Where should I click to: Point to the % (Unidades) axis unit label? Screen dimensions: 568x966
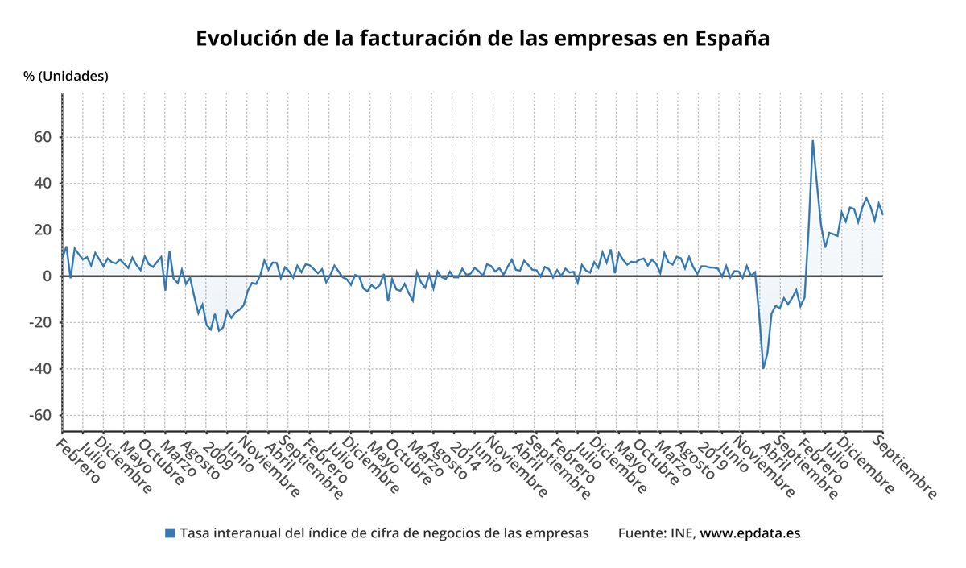click(66, 77)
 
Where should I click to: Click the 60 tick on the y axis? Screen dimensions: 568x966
click(41, 137)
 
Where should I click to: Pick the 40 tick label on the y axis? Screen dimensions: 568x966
click(41, 184)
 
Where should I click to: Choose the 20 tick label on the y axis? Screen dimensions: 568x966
click(41, 230)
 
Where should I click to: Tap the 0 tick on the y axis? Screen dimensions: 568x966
click(46, 276)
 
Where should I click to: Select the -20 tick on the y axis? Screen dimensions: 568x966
click(38, 323)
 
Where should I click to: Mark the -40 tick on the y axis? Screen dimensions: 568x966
click(38, 369)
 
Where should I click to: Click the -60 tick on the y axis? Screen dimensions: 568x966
click(38, 416)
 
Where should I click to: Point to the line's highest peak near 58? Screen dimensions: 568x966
click(812, 141)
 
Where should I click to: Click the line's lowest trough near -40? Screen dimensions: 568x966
click(763, 368)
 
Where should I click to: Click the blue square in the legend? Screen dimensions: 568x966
click(169, 533)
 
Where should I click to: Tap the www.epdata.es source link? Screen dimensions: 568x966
click(749, 533)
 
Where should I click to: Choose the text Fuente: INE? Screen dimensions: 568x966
click(657, 533)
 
